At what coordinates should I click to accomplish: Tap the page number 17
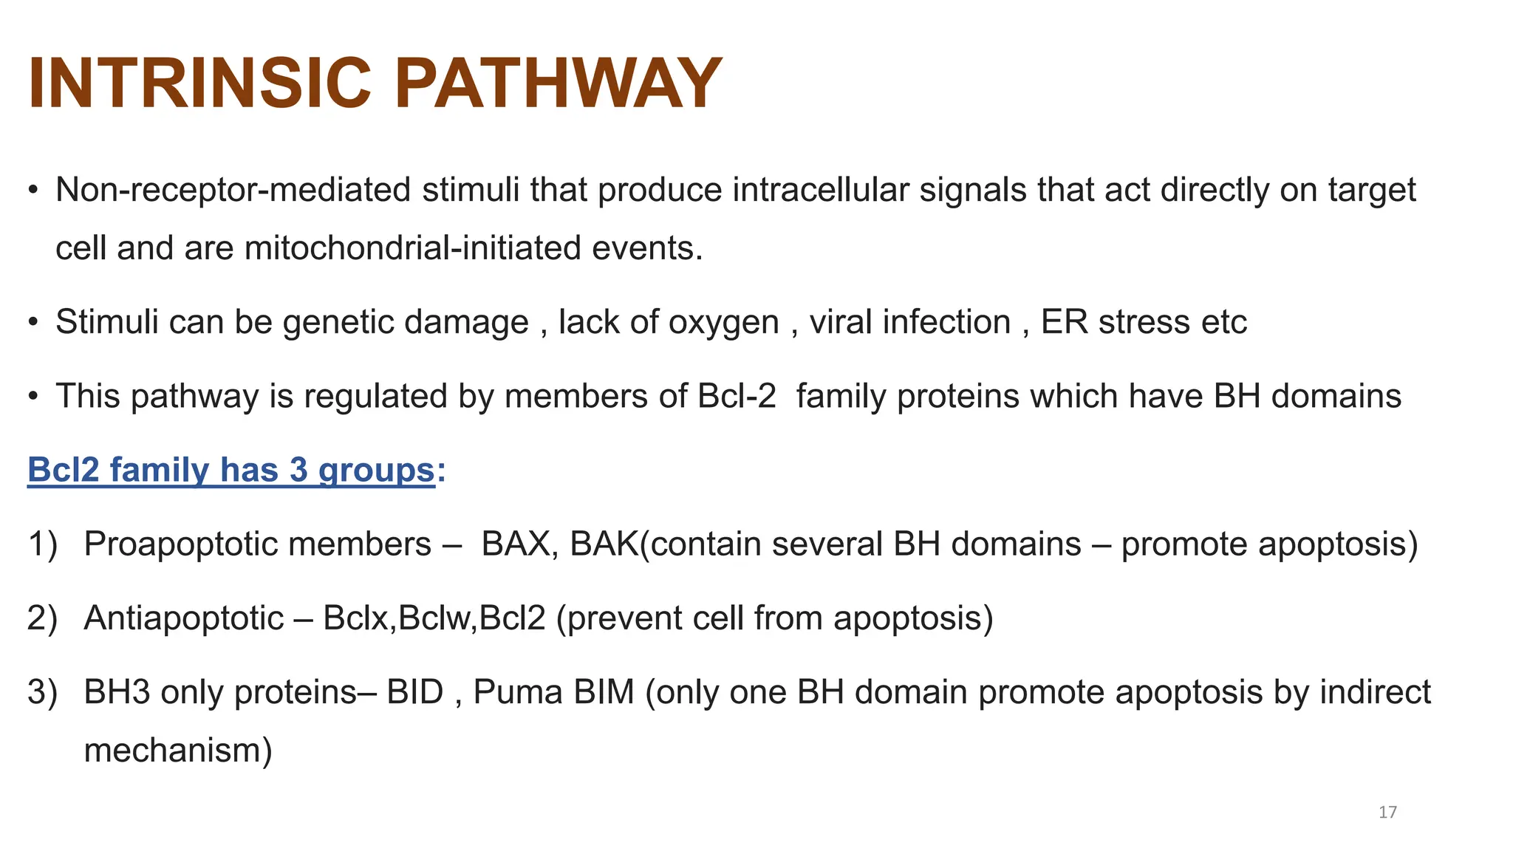[1387, 813]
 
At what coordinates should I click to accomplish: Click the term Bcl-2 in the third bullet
[737, 396]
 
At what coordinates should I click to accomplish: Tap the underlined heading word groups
[376, 471]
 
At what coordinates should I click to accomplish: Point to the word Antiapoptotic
[184, 618]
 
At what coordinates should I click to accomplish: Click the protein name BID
[415, 692]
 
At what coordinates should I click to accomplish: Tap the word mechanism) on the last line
[178, 751]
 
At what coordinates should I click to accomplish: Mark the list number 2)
[42, 618]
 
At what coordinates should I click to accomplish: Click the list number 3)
[42, 692]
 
